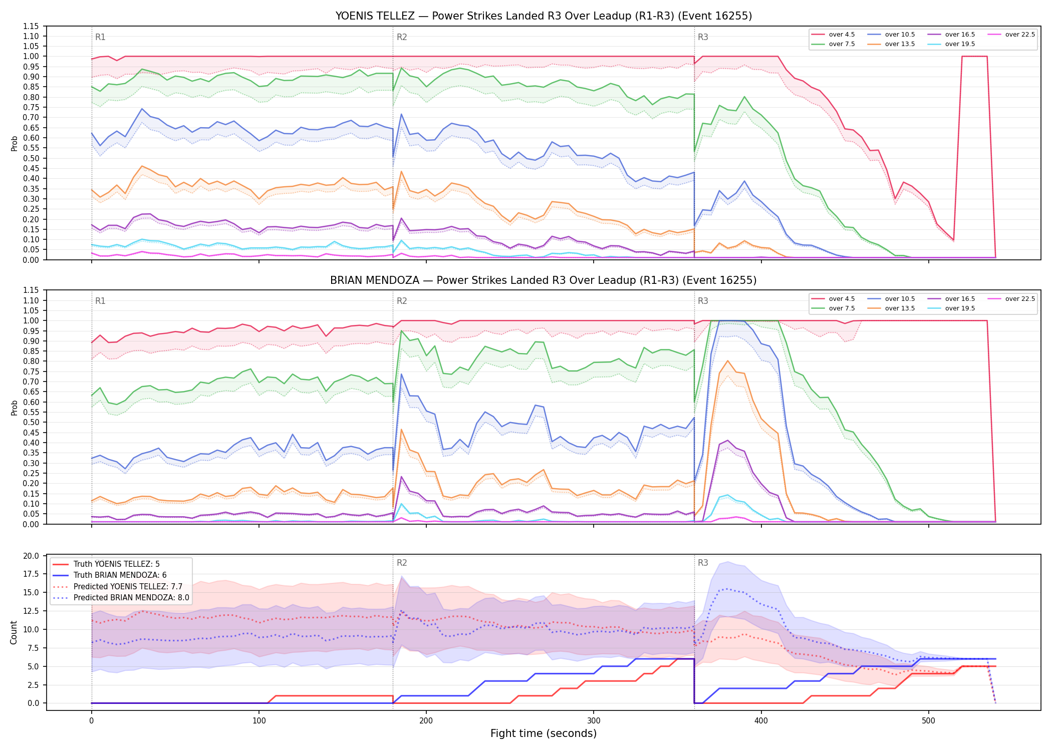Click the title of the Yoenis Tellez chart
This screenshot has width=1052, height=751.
coord(544,16)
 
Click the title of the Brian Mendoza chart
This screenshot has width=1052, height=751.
coord(544,280)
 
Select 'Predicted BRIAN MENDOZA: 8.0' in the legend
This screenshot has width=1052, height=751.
coord(121,598)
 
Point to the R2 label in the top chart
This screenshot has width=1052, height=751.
coord(402,37)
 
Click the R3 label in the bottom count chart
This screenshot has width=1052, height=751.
coord(703,563)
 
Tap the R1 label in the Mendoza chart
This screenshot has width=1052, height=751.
coord(100,301)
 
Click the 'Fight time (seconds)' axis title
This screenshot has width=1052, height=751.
coord(544,733)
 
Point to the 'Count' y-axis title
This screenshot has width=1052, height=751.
coord(14,632)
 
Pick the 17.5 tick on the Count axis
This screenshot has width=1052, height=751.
coord(31,574)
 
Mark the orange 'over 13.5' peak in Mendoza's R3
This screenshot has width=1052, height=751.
coord(727,360)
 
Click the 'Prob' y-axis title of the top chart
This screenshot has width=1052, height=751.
coord(14,143)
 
